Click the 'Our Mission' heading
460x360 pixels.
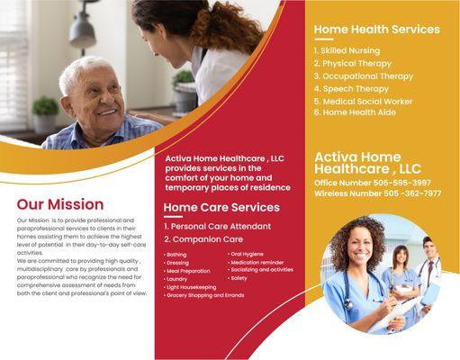[59, 203]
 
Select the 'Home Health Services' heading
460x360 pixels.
[376, 30]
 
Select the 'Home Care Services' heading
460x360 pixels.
[221, 208]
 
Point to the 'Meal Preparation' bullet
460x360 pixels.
[188, 271]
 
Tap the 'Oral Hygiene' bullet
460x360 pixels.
[247, 255]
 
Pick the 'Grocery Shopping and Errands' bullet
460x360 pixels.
[206, 295]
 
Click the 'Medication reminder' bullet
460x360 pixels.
[258, 262]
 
